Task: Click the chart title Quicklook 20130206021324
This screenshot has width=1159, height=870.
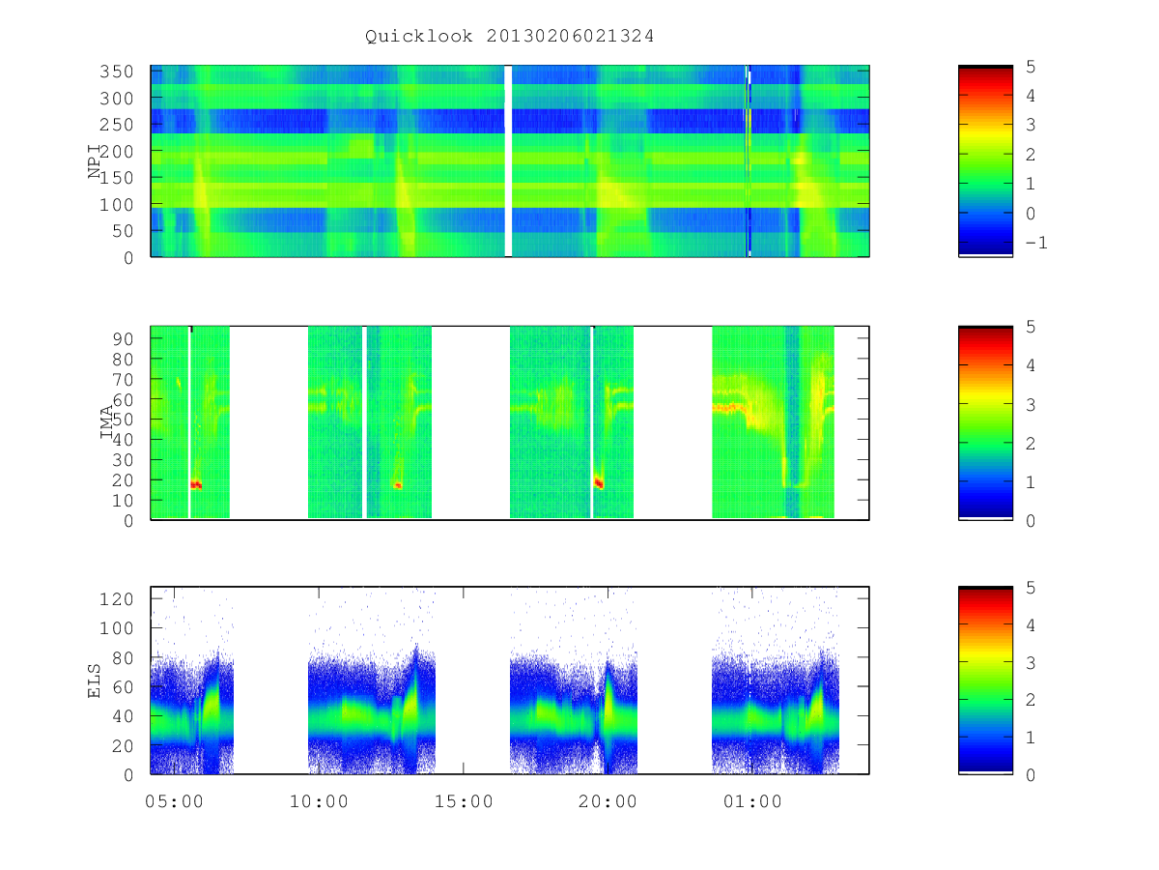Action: (x=510, y=36)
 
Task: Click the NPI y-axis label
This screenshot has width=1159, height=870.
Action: (x=95, y=161)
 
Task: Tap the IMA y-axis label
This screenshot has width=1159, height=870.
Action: (x=106, y=422)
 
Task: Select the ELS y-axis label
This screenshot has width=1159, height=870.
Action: (x=94, y=681)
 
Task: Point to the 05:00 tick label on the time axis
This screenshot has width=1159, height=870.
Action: (x=174, y=802)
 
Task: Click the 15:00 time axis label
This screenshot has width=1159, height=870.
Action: (x=464, y=802)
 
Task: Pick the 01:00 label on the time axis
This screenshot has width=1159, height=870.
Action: (x=752, y=802)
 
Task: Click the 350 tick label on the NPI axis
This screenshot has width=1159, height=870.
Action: (x=117, y=72)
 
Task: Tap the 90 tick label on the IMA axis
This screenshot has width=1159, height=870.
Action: (x=123, y=339)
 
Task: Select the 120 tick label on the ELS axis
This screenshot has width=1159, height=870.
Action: (x=117, y=599)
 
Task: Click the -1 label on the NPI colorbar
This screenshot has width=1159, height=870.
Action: (x=1036, y=243)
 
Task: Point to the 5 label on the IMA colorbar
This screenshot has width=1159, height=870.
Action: (x=1031, y=327)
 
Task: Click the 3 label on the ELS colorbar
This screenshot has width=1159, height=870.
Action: (x=1031, y=663)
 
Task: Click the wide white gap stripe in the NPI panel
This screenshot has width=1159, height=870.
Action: (x=508, y=161)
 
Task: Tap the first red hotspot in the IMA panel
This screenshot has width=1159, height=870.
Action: (x=196, y=484)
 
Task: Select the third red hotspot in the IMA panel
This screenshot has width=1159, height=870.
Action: (x=599, y=483)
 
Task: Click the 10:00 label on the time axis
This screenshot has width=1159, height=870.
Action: (x=319, y=802)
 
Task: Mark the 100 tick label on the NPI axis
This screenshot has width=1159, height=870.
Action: (x=117, y=204)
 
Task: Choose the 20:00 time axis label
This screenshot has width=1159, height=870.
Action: (x=608, y=802)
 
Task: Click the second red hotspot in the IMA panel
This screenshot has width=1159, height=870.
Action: (x=398, y=485)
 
